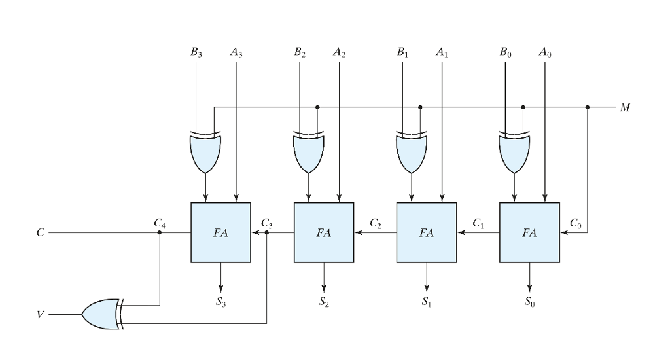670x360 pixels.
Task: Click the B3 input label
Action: tap(196, 52)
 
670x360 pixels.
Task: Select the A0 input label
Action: tap(546, 52)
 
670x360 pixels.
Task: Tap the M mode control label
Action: tap(626, 107)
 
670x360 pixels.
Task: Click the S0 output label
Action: tap(530, 302)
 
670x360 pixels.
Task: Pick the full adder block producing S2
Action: tap(324, 232)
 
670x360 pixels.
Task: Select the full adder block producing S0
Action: tap(529, 232)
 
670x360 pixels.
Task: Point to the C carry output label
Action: tap(41, 233)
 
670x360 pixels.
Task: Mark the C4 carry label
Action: tap(159, 223)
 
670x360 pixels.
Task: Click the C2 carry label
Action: tap(375, 223)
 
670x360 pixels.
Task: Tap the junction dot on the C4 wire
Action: tap(160, 232)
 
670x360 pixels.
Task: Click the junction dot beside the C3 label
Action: tap(267, 232)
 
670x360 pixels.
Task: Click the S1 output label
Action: tap(427, 302)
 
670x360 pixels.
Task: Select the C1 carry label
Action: tap(478, 223)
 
